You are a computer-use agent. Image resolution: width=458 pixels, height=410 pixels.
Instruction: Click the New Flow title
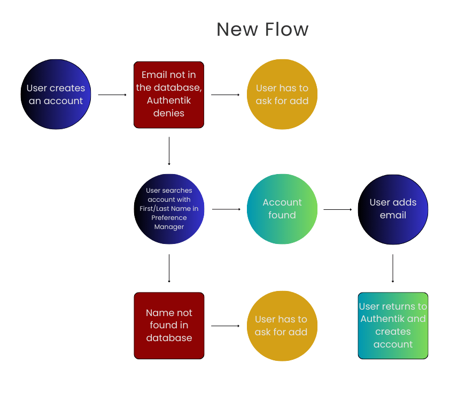[262, 29]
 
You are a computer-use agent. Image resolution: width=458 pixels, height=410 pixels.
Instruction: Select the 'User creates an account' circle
[56, 94]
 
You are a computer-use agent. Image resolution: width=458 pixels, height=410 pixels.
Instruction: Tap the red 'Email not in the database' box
[169, 94]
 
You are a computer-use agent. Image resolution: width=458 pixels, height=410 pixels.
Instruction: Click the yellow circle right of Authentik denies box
[282, 94]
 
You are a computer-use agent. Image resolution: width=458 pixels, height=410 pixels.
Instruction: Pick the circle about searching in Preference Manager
[169, 209]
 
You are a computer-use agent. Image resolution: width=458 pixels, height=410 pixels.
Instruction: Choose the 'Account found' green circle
[282, 209]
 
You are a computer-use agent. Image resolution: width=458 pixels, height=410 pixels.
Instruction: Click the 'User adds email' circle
[393, 209]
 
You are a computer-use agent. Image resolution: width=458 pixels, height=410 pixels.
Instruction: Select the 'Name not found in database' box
[169, 325]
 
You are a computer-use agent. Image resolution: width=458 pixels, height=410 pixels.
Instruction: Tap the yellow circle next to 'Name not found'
[281, 325]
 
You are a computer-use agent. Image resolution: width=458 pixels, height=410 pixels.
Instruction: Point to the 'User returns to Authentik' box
[393, 325]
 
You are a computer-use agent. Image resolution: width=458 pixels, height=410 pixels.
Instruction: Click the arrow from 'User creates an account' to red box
[112, 95]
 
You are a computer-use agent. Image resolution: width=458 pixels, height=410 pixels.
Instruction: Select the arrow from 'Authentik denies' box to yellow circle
[226, 95]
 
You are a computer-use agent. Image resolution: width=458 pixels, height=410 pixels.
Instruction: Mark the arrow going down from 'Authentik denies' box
[169, 151]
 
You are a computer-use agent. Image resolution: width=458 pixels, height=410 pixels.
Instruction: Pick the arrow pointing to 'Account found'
[226, 209]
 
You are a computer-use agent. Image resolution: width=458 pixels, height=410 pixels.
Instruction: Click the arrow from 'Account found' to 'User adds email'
[338, 209]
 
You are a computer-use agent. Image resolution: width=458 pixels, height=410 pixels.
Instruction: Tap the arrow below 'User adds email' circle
[393, 268]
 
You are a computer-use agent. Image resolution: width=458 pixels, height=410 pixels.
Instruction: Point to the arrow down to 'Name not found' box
[169, 268]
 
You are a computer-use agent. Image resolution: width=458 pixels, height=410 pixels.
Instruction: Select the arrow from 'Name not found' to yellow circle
[226, 326]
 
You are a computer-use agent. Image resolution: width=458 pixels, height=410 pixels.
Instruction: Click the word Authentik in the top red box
[169, 100]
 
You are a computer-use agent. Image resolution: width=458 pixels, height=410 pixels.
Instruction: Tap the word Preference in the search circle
[169, 218]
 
